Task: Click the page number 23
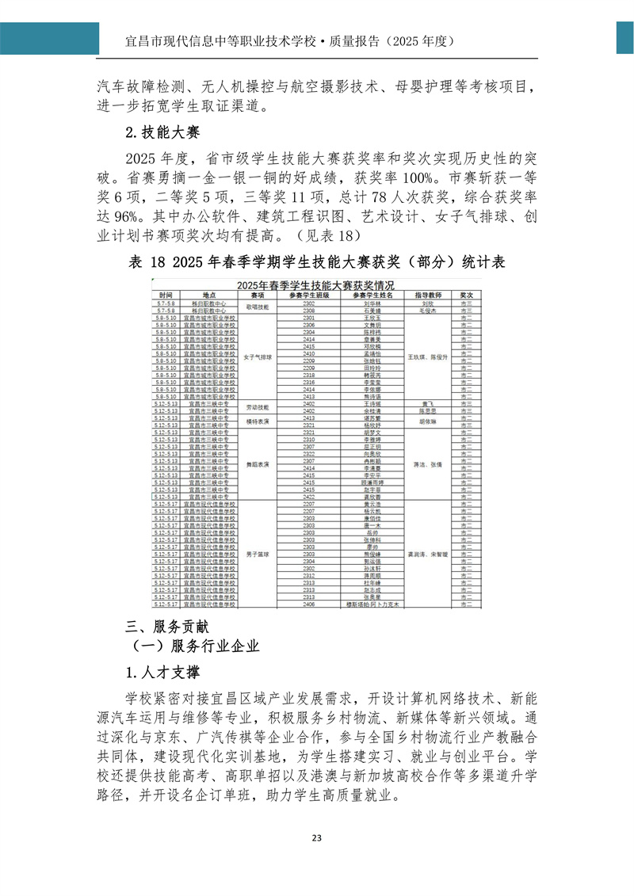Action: point(316,861)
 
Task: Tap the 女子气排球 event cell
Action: point(258,357)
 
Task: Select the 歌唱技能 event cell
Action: point(258,306)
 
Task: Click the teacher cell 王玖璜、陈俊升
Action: point(427,357)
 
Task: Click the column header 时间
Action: point(166,294)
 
